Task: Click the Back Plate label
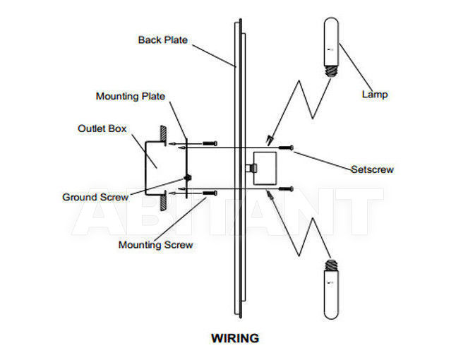tap(163, 40)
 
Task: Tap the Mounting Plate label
tap(131, 96)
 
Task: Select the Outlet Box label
tap(102, 128)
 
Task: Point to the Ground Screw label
tap(95, 197)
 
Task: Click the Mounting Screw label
tap(155, 244)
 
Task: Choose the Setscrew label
tap(372, 169)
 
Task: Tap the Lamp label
tap(375, 94)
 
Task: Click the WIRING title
tap(235, 338)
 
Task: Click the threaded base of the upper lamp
tap(331, 71)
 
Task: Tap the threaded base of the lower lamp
tap(331, 265)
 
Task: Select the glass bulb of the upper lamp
tap(331, 42)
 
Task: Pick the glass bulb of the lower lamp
tap(331, 294)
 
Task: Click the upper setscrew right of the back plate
tap(286, 148)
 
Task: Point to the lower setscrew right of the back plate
tap(286, 189)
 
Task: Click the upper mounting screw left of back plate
tap(210, 143)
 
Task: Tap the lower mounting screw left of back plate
tap(210, 193)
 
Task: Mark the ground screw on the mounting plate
tap(188, 177)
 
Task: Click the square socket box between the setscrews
tap(265, 169)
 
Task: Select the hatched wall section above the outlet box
tap(164, 136)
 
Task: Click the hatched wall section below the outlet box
tap(164, 200)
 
